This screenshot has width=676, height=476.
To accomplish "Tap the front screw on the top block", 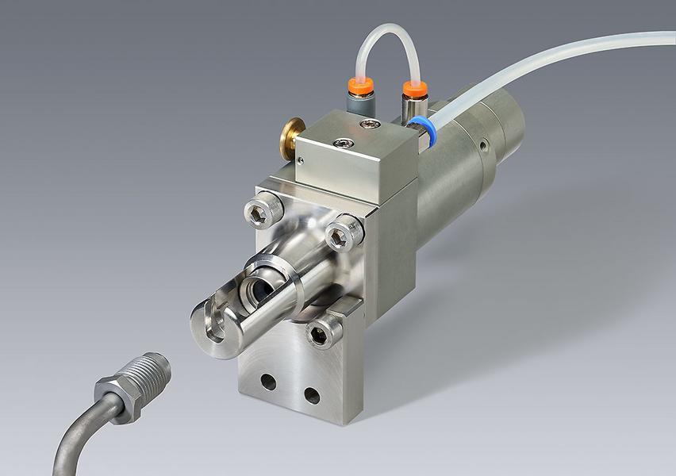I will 342,142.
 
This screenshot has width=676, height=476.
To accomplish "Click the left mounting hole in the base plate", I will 268,382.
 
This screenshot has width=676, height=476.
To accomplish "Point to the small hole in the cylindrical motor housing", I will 482,145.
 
